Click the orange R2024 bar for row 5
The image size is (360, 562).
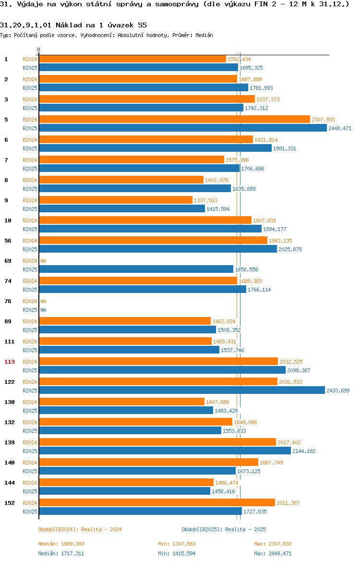[x=174, y=119]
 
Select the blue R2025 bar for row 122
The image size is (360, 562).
[x=182, y=391]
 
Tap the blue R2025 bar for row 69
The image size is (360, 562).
[x=136, y=269]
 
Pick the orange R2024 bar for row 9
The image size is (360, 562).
[x=116, y=200]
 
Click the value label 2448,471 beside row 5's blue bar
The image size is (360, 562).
[x=340, y=128]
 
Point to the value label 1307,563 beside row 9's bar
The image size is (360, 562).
[x=205, y=200]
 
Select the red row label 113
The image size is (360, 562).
[x=10, y=362]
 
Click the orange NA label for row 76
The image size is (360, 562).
[x=43, y=302]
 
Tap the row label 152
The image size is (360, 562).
[x=10, y=503]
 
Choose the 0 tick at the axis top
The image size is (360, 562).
[x=39, y=50]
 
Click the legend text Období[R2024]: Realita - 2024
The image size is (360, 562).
[x=80, y=529]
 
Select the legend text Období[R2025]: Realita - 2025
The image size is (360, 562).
[x=224, y=529]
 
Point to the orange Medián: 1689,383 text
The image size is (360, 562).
[x=61, y=544]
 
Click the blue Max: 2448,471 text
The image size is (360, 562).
[x=273, y=553]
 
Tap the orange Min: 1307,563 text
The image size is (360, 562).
[x=177, y=544]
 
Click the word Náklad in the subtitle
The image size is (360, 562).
[x=69, y=25]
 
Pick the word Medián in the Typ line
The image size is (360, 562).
[x=204, y=35]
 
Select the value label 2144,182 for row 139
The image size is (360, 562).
[x=304, y=451]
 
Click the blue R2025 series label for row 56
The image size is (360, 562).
[x=30, y=249]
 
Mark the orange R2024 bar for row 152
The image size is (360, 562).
[x=157, y=502]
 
